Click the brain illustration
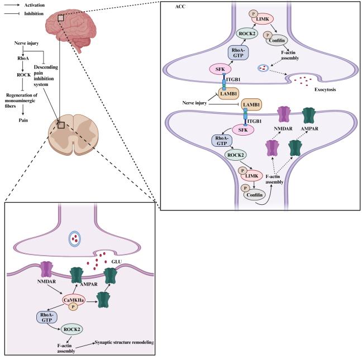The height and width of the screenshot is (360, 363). click(x=70, y=29)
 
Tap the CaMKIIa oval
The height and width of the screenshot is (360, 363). click(x=74, y=300)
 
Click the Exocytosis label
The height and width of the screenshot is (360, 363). click(x=325, y=89)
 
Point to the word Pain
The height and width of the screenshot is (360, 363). click(x=23, y=121)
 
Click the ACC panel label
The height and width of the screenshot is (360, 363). click(x=180, y=7)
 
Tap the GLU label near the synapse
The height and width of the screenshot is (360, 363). click(x=117, y=262)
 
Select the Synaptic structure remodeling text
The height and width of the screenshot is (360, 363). click(x=125, y=342)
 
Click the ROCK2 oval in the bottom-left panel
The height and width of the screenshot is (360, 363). click(x=72, y=329)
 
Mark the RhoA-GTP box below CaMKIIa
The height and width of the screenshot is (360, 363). click(x=47, y=318)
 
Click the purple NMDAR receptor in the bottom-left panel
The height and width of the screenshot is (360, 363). click(x=47, y=270)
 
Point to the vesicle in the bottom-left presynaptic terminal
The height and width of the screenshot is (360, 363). click(x=74, y=239)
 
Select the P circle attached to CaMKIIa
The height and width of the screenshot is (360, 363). click(x=73, y=307)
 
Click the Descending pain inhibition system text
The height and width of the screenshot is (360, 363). click(x=46, y=76)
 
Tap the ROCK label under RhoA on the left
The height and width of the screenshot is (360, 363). click(x=23, y=75)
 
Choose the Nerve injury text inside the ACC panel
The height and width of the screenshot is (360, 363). click(x=194, y=103)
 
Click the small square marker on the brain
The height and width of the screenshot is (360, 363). click(x=61, y=18)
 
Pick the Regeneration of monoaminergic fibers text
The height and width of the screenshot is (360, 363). click(x=21, y=100)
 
